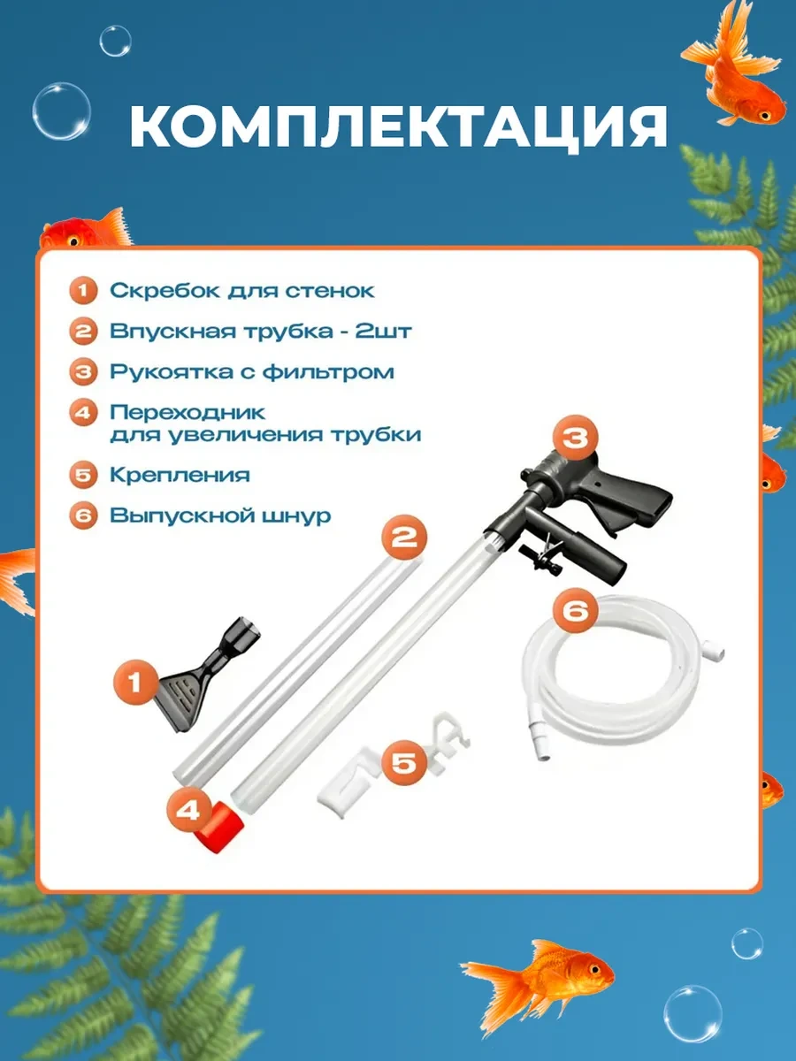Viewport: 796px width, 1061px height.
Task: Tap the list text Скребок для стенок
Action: (x=241, y=290)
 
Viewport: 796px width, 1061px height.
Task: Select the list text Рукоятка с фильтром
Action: (x=251, y=371)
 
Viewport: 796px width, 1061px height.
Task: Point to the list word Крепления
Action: (x=180, y=475)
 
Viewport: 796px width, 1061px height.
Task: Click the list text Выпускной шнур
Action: (x=220, y=515)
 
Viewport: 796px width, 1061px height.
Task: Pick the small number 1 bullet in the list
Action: (x=84, y=290)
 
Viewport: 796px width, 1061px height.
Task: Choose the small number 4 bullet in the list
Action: (x=84, y=412)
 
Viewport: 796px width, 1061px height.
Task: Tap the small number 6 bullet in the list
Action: (x=84, y=516)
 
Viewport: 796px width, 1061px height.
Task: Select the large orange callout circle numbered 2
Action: (x=404, y=538)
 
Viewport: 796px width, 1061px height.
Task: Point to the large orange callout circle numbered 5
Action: (x=402, y=762)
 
